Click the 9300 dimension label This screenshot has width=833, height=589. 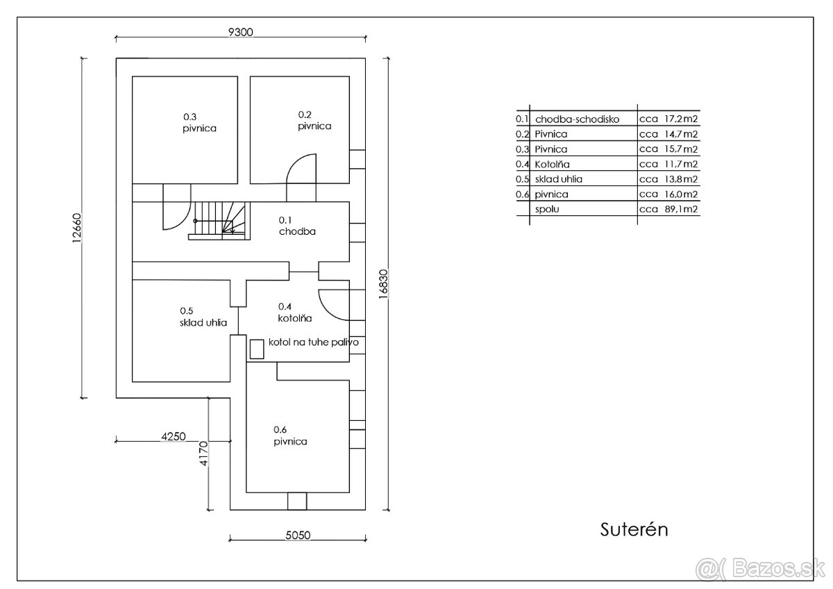click(242, 31)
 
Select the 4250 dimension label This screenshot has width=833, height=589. click(173, 436)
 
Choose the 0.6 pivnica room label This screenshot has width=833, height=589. click(290, 435)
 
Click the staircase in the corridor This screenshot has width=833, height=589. click(219, 219)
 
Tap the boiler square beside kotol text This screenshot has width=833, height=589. click(258, 349)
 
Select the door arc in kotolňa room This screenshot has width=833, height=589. click(332, 304)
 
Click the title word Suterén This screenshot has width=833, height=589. click(634, 529)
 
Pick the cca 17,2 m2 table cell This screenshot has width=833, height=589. click(668, 119)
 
